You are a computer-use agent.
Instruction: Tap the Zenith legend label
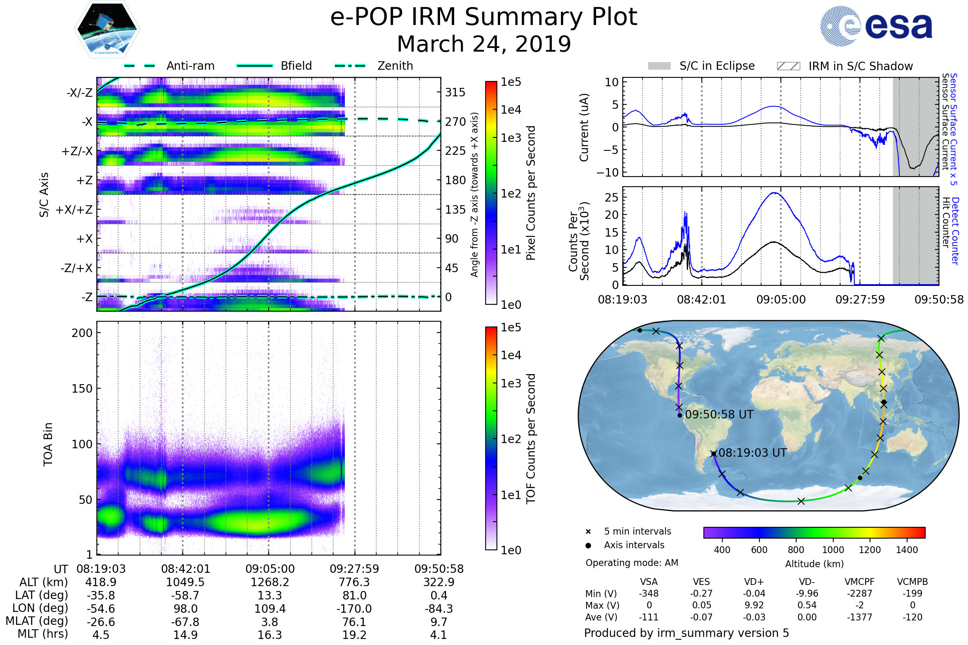tap(395, 66)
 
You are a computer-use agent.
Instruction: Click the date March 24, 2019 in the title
tap(484, 44)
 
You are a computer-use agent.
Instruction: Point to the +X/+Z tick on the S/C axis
tap(74, 210)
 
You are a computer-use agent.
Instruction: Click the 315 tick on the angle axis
tap(455, 92)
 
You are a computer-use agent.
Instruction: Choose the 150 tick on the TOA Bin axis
tap(82, 389)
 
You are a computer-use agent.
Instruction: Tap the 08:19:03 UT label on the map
tap(752, 453)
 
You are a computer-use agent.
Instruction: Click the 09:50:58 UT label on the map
tap(719, 415)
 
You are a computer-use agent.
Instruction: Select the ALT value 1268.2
tap(270, 583)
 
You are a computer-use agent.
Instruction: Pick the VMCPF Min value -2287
tap(860, 593)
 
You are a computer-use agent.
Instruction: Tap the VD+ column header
tap(753, 582)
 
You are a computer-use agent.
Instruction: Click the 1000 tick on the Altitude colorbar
tap(832, 550)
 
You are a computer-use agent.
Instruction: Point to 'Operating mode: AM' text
tap(632, 563)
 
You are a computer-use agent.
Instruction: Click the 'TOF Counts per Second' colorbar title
tap(531, 439)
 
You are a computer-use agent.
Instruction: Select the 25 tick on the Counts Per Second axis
tap(611, 198)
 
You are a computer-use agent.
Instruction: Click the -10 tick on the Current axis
tap(607, 173)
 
